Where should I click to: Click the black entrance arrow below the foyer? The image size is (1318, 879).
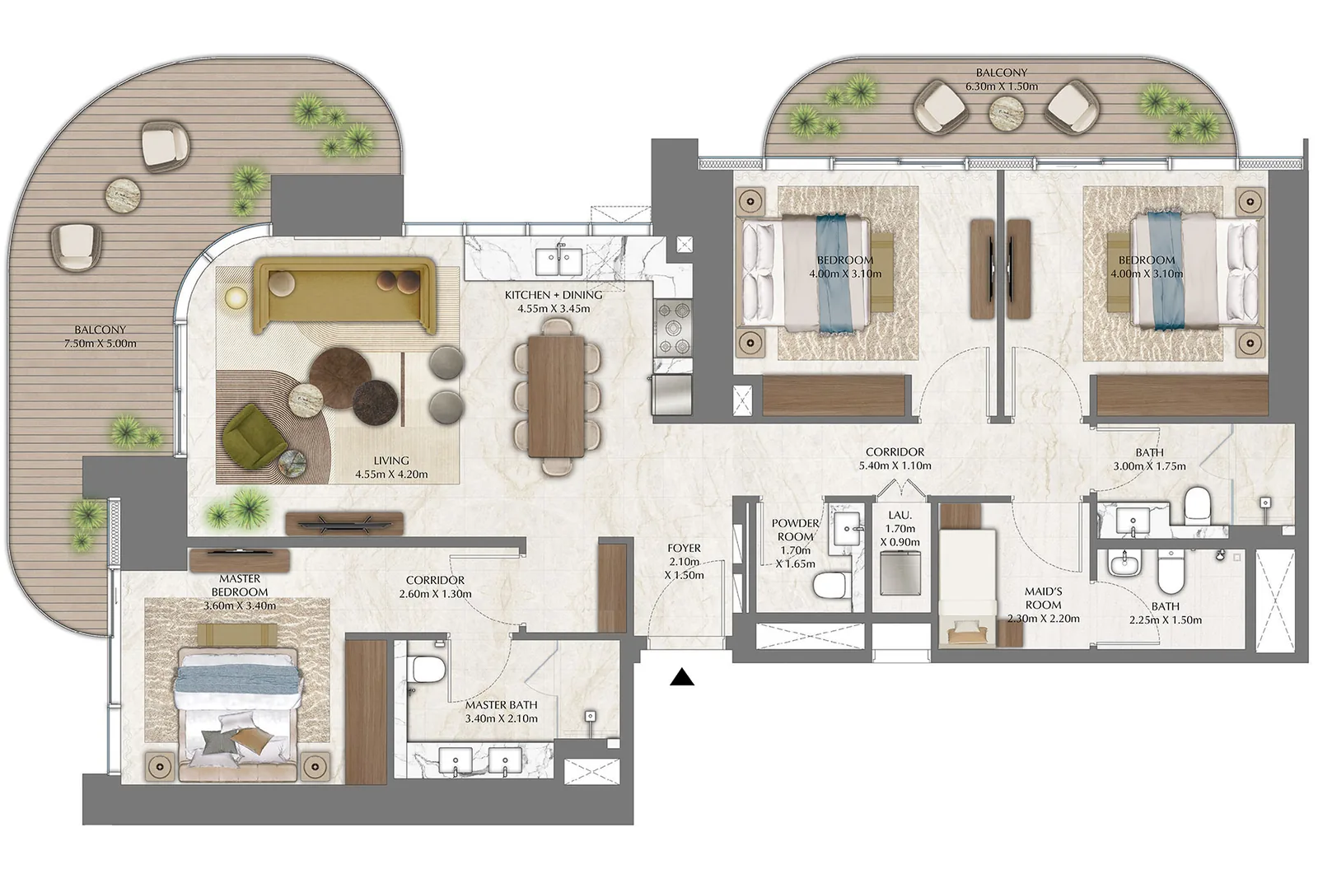pyautogui.click(x=682, y=677)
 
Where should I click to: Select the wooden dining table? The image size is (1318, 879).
pyautogui.click(x=556, y=396)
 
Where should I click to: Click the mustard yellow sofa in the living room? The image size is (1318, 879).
pyautogui.click(x=345, y=296)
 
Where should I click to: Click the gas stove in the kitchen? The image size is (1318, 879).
pyautogui.click(x=674, y=328)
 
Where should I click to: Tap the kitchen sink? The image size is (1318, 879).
pyautogui.click(x=559, y=262)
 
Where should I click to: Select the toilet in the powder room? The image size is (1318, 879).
pyautogui.click(x=830, y=585)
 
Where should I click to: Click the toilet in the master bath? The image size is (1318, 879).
pyautogui.click(x=428, y=669)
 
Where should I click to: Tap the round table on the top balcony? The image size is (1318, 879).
pyautogui.click(x=1006, y=112)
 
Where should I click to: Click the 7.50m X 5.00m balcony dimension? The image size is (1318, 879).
pyautogui.click(x=100, y=343)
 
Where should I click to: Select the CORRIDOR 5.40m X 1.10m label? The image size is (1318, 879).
pyautogui.click(x=895, y=458)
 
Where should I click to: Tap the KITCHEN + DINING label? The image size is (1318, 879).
pyautogui.click(x=554, y=295)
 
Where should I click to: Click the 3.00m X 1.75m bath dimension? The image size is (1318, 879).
pyautogui.click(x=1149, y=466)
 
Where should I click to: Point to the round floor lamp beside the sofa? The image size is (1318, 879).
pyautogui.click(x=236, y=297)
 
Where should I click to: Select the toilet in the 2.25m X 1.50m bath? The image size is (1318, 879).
pyautogui.click(x=1170, y=571)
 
